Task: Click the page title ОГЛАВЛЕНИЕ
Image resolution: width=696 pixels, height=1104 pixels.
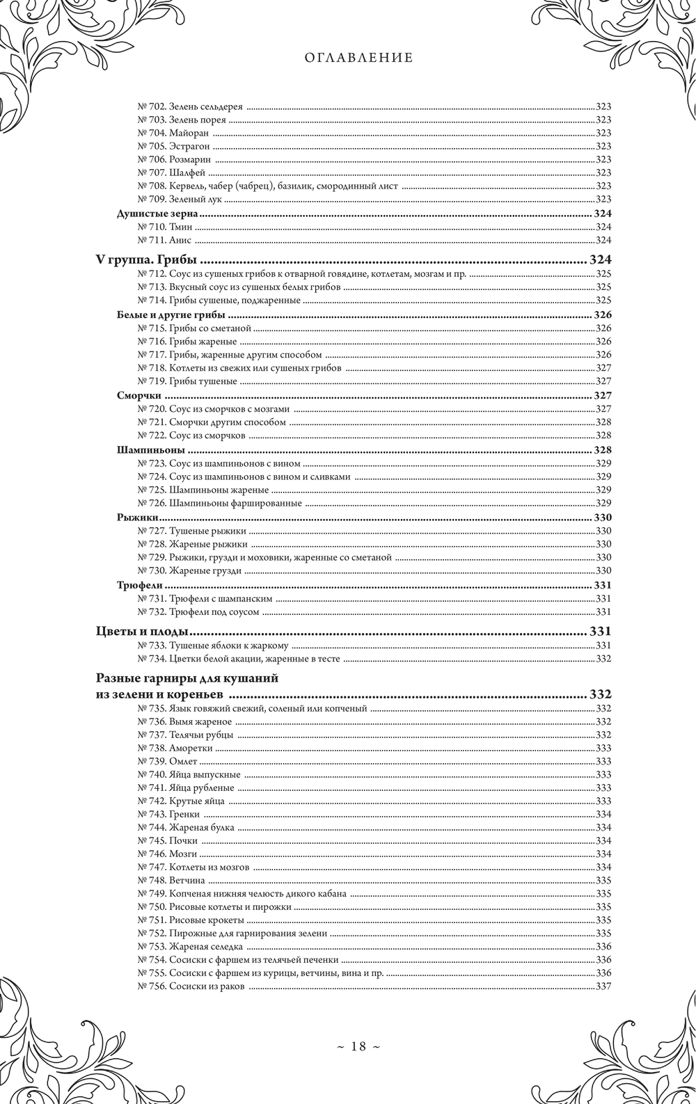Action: pos(358,58)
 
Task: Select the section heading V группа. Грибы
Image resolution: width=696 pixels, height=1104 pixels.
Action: pos(147,261)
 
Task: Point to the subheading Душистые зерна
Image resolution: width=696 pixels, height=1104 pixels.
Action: pos(158,214)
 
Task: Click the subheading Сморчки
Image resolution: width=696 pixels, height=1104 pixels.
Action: pos(134,395)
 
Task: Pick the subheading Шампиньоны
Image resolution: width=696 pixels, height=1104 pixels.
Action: pos(145,449)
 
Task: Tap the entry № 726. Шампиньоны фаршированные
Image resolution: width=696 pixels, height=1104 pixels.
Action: pos(219,503)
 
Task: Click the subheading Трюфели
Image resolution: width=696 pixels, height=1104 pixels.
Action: pos(135,584)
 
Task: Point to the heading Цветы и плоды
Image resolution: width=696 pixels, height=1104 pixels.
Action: pos(143,632)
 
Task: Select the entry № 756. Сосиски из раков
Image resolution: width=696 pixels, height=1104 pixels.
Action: pos(190,986)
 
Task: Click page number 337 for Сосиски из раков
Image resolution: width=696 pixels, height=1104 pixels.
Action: pos(603,986)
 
